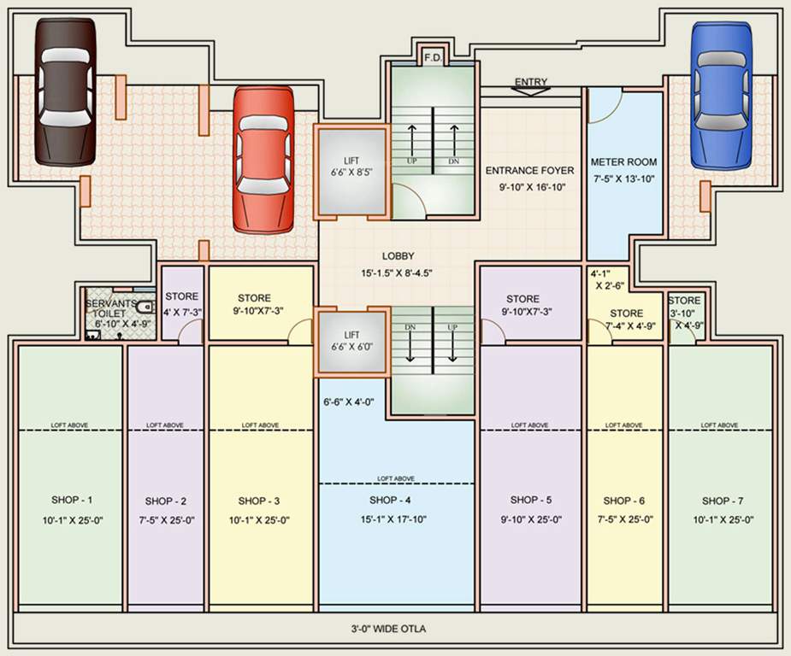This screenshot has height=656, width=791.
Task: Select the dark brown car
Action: coord(66,91)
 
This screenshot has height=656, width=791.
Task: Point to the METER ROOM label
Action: coord(624,161)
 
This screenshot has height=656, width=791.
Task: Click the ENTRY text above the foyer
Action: coord(530,82)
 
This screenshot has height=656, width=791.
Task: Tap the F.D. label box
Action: coord(432,58)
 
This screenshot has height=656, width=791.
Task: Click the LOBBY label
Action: coord(398,255)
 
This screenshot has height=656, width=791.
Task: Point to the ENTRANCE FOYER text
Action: coord(530,170)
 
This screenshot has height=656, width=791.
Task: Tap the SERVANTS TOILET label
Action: coord(109,308)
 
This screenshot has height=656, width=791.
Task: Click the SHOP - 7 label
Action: coord(723,501)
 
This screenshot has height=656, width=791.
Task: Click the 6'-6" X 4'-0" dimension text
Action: coord(348,401)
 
